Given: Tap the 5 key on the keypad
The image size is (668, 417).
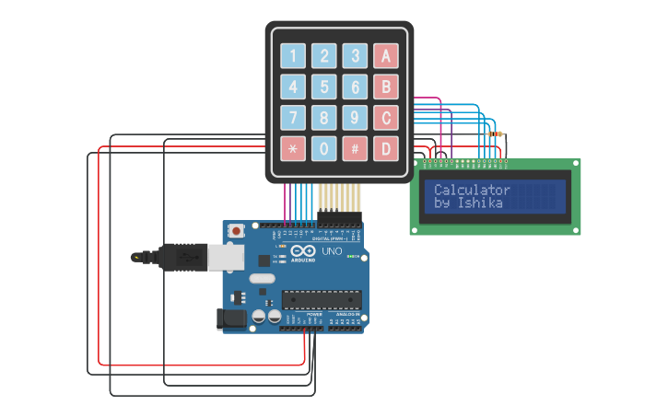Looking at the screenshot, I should click(324, 87).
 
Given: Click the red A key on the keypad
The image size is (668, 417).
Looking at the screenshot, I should click(386, 56).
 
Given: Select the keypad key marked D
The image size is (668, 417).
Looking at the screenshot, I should click(386, 147).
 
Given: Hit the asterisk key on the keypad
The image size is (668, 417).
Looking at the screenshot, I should click(293, 147).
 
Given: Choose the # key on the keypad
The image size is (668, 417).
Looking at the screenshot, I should click(355, 147).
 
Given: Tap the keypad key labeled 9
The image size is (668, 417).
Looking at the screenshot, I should click(355, 117).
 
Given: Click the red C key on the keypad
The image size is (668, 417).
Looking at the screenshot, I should click(386, 117).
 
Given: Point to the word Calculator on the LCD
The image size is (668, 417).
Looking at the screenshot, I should click(472, 190).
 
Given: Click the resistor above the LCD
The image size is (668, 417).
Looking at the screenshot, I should click(496, 134).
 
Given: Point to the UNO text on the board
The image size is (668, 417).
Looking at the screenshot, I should click(332, 251).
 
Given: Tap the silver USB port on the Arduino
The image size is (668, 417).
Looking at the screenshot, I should click(226, 257).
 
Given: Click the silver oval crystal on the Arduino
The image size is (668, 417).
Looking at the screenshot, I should click(262, 278).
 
